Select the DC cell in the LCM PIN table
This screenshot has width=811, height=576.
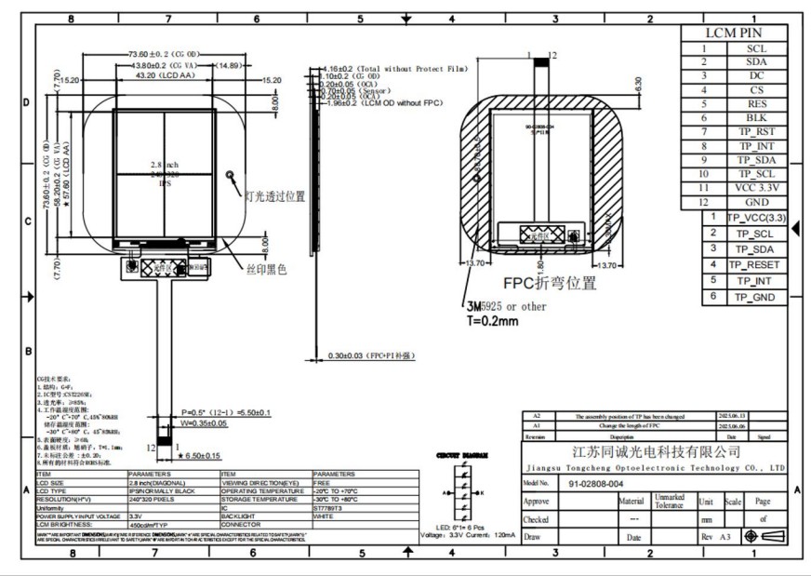tap(756, 76)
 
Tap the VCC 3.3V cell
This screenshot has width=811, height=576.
tap(756, 187)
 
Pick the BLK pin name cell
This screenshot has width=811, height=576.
tap(756, 118)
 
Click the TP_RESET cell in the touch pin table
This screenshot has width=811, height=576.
tap(755, 265)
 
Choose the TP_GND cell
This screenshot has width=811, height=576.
tap(755, 297)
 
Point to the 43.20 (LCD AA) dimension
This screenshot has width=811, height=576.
tap(160, 76)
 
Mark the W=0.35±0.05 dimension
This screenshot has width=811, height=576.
tap(204, 423)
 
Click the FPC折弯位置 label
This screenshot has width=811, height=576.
tap(550, 284)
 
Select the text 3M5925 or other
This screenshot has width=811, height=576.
tap(509, 306)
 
